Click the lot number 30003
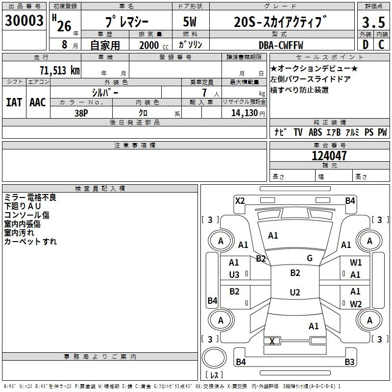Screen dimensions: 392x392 pyautogui.click(x=24, y=21)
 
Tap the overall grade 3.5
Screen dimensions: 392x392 pyautogui.click(x=373, y=22)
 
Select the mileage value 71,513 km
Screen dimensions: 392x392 pyautogui.click(x=60, y=70)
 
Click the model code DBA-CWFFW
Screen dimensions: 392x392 pyautogui.click(x=281, y=45)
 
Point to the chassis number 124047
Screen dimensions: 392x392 pyautogui.click(x=329, y=156)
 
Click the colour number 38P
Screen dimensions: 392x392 pyautogui.click(x=81, y=113)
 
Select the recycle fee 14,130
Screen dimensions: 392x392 pyautogui.click(x=245, y=113)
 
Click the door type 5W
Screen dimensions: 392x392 pyautogui.click(x=190, y=22)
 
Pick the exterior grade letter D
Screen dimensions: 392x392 pyautogui.click(x=366, y=45)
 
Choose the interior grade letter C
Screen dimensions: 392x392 pyautogui.click(x=381, y=45)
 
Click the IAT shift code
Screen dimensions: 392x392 pyautogui.click(x=14, y=102)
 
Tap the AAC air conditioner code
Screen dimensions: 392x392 pyautogui.click(x=38, y=102)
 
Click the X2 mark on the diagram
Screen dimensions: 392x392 pyautogui.click(x=240, y=201)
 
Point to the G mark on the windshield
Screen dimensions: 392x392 pyautogui.click(x=310, y=258)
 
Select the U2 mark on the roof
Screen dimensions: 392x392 pyautogui.click(x=295, y=292)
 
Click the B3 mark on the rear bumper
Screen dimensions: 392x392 pyautogui.click(x=349, y=362)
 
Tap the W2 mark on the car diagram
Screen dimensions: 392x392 pyautogui.click(x=356, y=304)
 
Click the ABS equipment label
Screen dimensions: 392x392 pyautogui.click(x=315, y=132)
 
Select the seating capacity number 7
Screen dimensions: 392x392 pyautogui.click(x=204, y=93)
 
